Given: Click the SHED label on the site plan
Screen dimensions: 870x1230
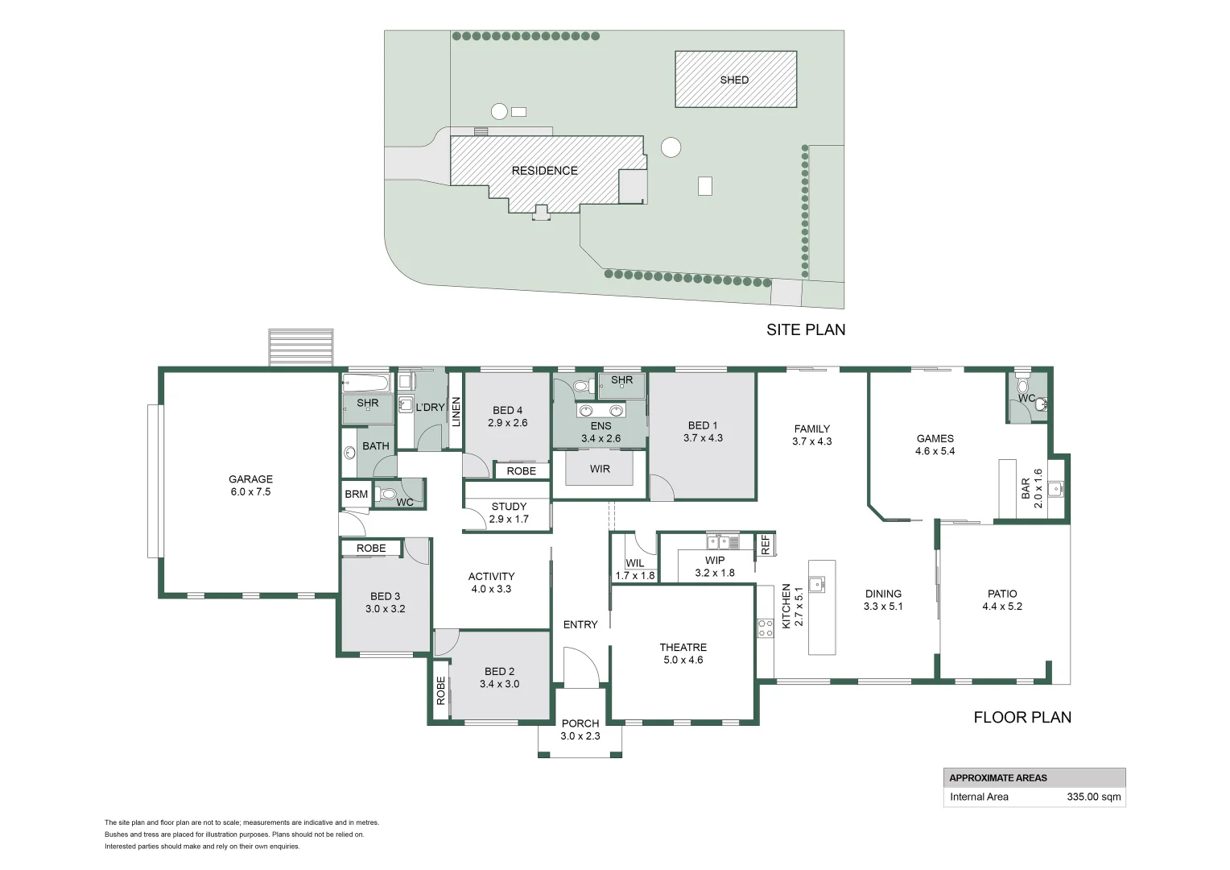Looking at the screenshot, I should pyautogui.click(x=734, y=80).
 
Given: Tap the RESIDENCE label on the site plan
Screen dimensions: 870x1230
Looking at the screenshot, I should pyautogui.click(x=544, y=171).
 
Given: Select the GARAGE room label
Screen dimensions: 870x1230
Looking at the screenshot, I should pyautogui.click(x=250, y=479).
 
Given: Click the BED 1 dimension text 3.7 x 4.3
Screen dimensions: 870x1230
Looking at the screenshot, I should pyautogui.click(x=703, y=438).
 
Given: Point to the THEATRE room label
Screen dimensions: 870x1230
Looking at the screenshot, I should pyautogui.click(x=683, y=648).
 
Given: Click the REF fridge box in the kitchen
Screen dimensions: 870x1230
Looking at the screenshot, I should pyautogui.click(x=765, y=545).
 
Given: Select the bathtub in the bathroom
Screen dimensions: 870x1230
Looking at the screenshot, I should pyautogui.click(x=366, y=382).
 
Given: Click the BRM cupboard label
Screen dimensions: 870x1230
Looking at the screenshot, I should pyautogui.click(x=356, y=495).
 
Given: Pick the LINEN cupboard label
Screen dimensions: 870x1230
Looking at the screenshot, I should pyautogui.click(x=456, y=412).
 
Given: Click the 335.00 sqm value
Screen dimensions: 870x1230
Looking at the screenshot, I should pyautogui.click(x=1093, y=797).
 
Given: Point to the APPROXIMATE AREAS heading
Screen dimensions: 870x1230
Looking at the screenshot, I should pyautogui.click(x=998, y=778).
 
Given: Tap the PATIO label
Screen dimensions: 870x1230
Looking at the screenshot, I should pyautogui.click(x=1002, y=594).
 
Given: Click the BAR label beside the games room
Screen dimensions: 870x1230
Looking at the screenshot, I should pyautogui.click(x=1026, y=488).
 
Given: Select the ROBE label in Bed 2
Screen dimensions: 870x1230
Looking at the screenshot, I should pyautogui.click(x=440, y=690).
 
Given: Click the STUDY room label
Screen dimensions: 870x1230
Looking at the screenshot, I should pyautogui.click(x=509, y=507).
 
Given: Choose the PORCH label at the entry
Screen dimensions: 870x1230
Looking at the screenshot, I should pyautogui.click(x=580, y=723).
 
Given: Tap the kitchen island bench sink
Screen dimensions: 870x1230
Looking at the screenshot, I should pyautogui.click(x=817, y=583).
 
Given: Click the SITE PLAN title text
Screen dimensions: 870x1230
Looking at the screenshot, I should pyautogui.click(x=805, y=329).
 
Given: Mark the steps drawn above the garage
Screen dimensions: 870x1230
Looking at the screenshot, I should pyautogui.click(x=300, y=347).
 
